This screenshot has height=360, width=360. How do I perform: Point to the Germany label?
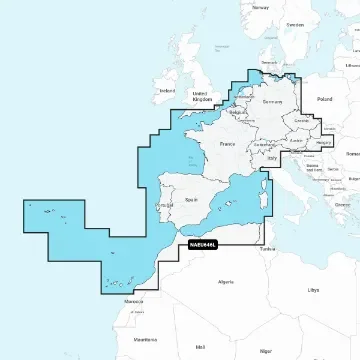272,102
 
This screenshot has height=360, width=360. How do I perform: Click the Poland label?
323,100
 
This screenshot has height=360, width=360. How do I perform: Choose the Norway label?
261,7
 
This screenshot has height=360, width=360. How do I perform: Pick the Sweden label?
294,24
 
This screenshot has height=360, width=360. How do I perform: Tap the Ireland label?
166,90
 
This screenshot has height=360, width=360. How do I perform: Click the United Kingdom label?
202,96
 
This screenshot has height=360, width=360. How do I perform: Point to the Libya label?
315,289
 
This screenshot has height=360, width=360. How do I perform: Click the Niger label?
265,352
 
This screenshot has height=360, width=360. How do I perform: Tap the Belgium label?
237,112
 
